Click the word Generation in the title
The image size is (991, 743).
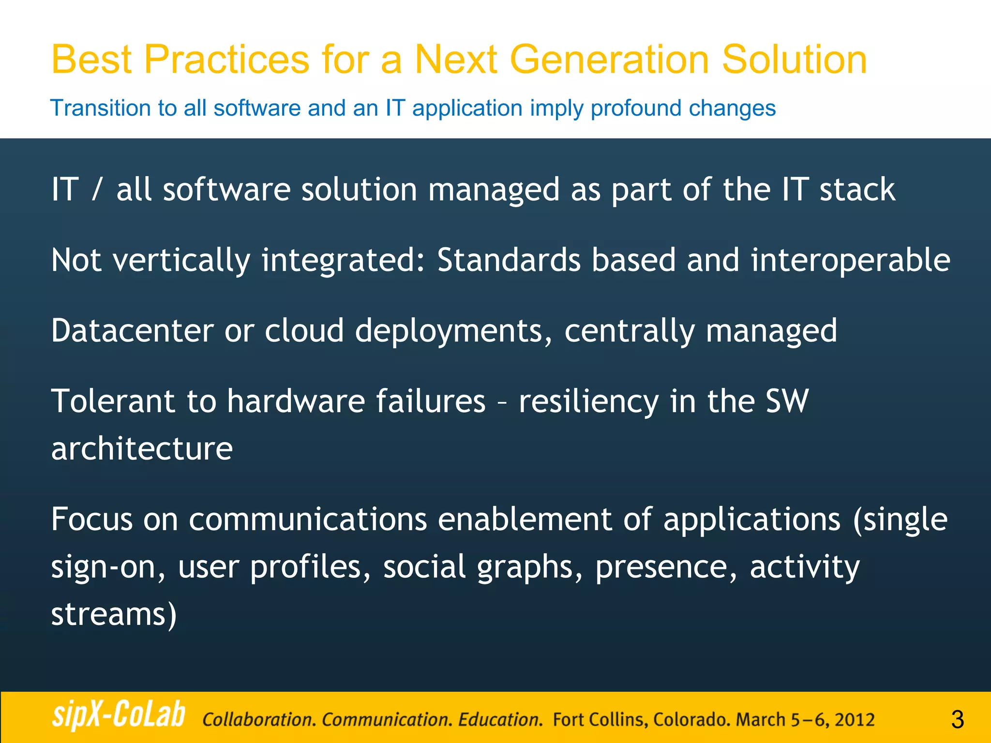click(x=609, y=59)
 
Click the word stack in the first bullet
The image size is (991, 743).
click(x=857, y=189)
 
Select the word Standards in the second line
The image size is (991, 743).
click(x=509, y=260)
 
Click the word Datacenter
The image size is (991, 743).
click(x=132, y=331)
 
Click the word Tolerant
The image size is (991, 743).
click(x=113, y=401)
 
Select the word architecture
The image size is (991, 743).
click(x=142, y=449)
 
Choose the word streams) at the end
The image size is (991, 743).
click(x=114, y=614)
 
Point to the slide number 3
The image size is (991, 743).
click(x=957, y=719)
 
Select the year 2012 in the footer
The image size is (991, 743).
click(x=854, y=720)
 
